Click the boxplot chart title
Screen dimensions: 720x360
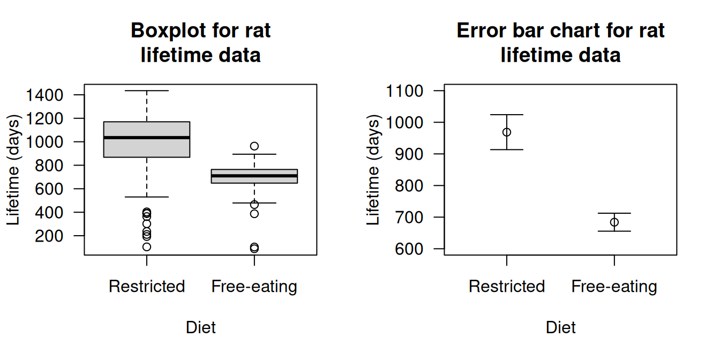pos(200,43)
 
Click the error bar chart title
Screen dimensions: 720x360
pos(560,43)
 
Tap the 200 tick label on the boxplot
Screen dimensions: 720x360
pos(49,236)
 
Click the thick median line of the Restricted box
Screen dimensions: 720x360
pos(147,138)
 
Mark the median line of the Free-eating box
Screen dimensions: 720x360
pos(254,175)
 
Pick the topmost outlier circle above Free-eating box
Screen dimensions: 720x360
pos(254,146)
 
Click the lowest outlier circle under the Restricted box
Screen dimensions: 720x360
pos(147,247)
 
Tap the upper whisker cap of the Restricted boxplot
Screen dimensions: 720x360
pos(147,91)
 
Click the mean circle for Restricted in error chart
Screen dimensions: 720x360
pos(507,132)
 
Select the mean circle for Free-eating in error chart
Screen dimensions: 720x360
pos(614,222)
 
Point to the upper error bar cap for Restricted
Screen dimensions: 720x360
pos(507,115)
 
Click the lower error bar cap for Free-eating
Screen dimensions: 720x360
pos(614,231)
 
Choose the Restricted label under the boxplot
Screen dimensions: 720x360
pos(147,287)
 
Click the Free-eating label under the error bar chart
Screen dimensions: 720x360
pos(614,287)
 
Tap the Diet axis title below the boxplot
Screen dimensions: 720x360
pos(200,327)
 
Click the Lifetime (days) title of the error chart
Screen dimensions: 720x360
pos(373,170)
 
